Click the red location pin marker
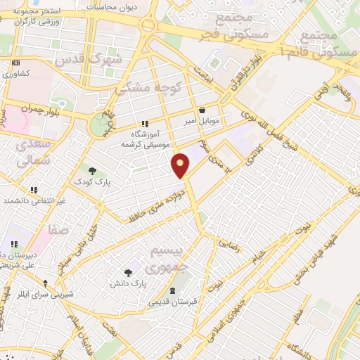181,165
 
